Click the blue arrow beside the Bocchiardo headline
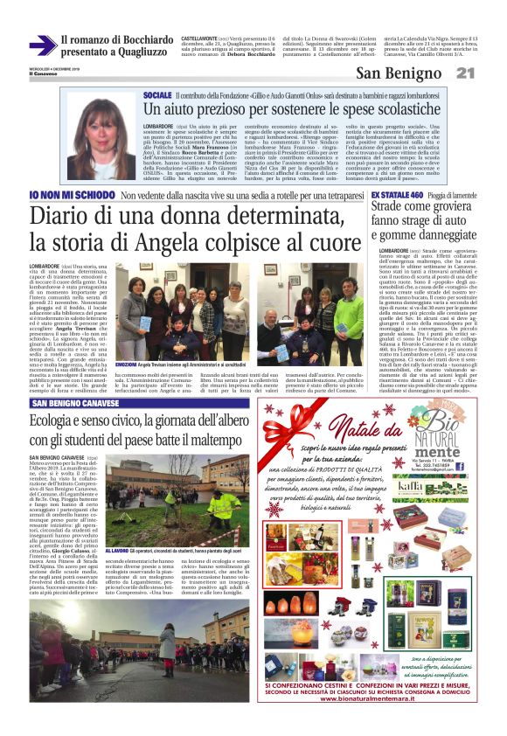pos(42,45)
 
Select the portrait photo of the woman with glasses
pos(101,140)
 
